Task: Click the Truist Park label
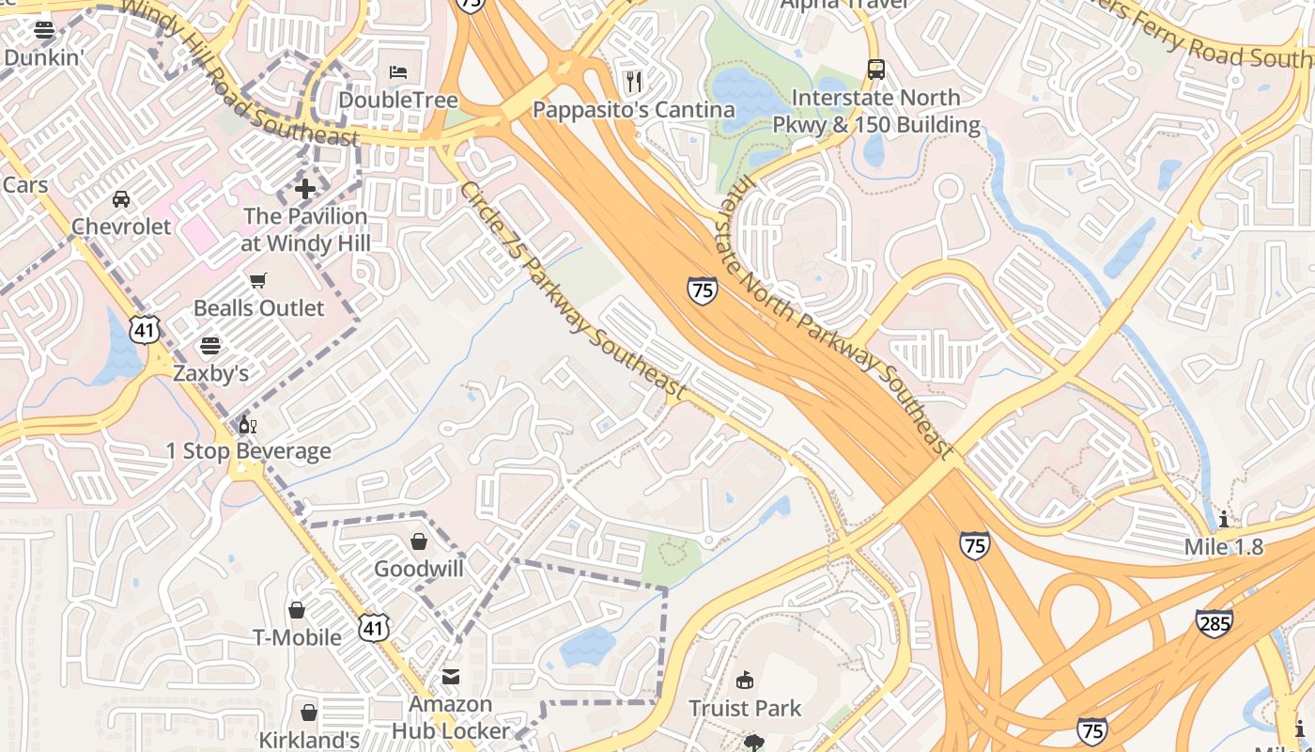745,708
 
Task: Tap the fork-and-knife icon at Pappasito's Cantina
634,81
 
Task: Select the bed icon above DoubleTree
398,72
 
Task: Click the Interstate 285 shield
1214,622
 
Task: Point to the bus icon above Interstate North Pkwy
875,69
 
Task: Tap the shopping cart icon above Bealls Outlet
258,280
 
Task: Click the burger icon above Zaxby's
210,345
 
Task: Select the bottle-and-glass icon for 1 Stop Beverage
248,424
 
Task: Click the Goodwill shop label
419,569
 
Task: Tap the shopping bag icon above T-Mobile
297,610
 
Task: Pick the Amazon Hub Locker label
451,717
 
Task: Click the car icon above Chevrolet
121,198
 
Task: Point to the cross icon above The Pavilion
305,189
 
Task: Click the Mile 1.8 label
1224,547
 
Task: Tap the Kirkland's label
309,740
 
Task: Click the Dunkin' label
44,57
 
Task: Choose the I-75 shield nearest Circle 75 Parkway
702,290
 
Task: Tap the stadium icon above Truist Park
745,680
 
